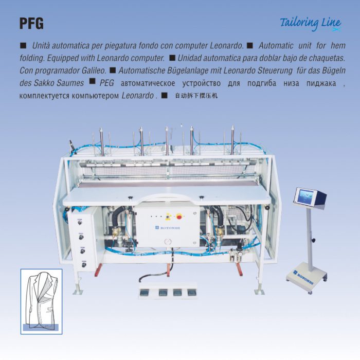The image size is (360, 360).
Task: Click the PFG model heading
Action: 31,24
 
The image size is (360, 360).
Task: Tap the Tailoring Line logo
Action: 311,23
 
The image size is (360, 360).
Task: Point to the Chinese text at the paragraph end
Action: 196,95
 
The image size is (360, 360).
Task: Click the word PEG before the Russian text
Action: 107,82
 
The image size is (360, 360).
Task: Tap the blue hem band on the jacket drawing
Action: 41,326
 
